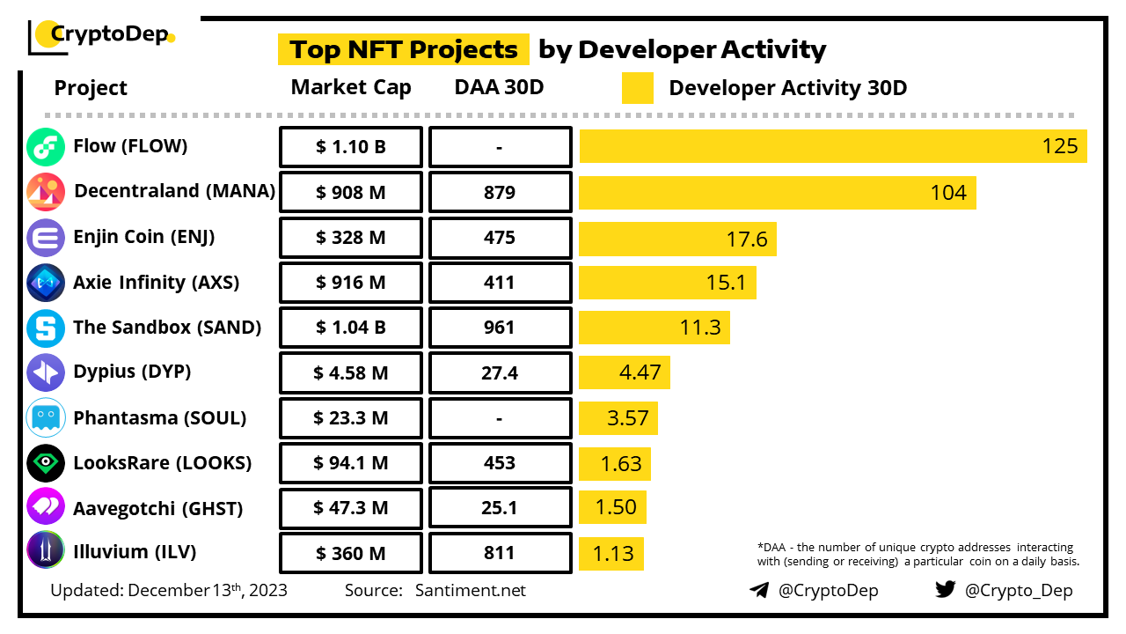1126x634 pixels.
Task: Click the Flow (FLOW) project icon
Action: pos(46,147)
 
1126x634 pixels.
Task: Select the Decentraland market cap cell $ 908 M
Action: pos(351,192)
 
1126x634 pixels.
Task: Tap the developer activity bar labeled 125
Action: pos(832,146)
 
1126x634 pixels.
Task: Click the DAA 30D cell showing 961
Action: pos(500,328)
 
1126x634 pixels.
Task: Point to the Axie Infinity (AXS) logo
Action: pos(46,283)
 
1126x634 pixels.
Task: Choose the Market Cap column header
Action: pos(351,88)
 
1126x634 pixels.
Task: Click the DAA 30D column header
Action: pos(499,88)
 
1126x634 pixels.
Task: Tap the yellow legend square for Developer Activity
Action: pos(637,88)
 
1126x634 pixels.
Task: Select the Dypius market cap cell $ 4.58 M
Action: pos(351,373)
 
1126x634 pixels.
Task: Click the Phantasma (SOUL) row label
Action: pos(159,418)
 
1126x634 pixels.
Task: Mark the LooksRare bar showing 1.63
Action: pos(615,463)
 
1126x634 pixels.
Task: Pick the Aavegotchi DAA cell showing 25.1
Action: pos(500,509)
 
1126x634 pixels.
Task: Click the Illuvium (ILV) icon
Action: pos(46,551)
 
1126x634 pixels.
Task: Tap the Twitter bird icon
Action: pos(945,589)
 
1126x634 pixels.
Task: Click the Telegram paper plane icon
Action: pos(758,590)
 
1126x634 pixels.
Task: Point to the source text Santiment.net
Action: pos(470,590)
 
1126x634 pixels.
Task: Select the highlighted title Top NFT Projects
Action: pos(404,49)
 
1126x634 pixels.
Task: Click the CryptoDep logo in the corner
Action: pos(102,35)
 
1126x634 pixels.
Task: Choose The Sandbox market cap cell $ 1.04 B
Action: pos(351,328)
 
